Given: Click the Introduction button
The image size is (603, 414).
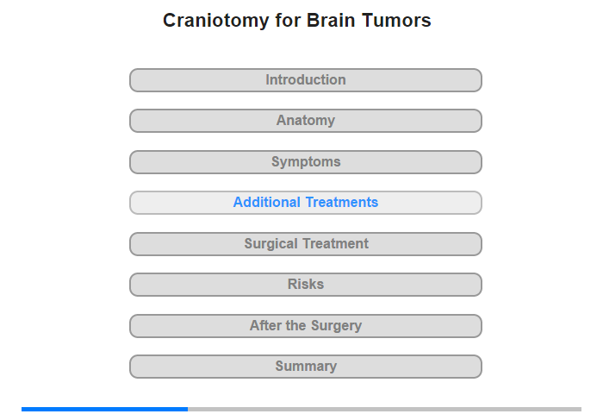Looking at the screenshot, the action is pyautogui.click(x=306, y=80).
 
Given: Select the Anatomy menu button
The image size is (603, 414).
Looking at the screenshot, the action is pyautogui.click(x=306, y=121).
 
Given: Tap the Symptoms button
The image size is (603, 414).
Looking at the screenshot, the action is pyautogui.click(x=306, y=162).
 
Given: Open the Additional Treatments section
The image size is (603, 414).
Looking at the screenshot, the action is pyautogui.click(x=306, y=203).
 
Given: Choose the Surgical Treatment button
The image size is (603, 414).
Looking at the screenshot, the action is pyautogui.click(x=306, y=244).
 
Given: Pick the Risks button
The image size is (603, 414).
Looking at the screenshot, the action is pyautogui.click(x=306, y=285).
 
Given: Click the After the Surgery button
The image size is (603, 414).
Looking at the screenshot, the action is pyautogui.click(x=306, y=326).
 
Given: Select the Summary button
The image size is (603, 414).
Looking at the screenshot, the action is pyautogui.click(x=306, y=367).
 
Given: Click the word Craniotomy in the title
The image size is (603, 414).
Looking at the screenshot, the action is pyautogui.click(x=215, y=21).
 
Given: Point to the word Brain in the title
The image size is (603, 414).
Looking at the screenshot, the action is pyautogui.click(x=331, y=20).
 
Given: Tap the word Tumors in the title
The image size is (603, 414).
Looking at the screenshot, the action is pyautogui.click(x=396, y=20).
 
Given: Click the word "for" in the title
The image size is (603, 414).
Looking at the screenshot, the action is pyautogui.click(x=288, y=20).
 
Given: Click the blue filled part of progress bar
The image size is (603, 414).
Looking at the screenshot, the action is pyautogui.click(x=104, y=409).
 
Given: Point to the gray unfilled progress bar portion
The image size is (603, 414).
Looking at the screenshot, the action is pyautogui.click(x=384, y=409).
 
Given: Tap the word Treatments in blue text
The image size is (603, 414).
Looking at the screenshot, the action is pyautogui.click(x=342, y=202).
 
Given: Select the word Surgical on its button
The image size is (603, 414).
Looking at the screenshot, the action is pyautogui.click(x=271, y=244).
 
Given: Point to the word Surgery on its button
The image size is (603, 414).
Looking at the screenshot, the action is pyautogui.click(x=337, y=326).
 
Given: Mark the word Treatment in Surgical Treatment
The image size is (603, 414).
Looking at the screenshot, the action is pyautogui.click(x=336, y=243).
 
